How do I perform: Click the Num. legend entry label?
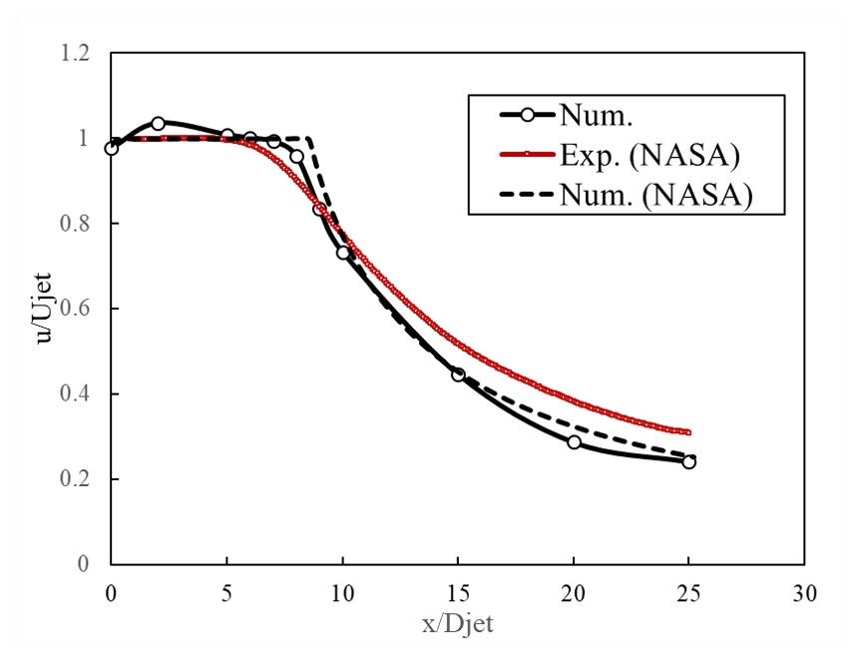[x=598, y=117]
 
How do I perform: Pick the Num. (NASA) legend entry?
[x=653, y=197]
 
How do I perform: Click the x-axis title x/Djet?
[x=456, y=626]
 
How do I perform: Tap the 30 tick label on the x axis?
[x=804, y=595]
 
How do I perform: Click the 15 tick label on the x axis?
[x=458, y=595]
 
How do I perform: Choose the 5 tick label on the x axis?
[x=226, y=595]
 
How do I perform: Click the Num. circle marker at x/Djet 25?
[x=688, y=461]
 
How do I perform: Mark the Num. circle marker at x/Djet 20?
[x=574, y=441]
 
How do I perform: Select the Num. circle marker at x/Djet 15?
[x=458, y=374]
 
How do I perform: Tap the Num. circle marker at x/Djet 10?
[x=342, y=253]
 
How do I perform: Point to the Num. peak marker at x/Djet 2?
[x=158, y=123]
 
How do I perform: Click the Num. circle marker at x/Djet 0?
[x=111, y=148]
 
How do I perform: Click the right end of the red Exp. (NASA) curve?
[x=688, y=432]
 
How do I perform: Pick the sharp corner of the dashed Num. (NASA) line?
[x=309, y=138]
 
